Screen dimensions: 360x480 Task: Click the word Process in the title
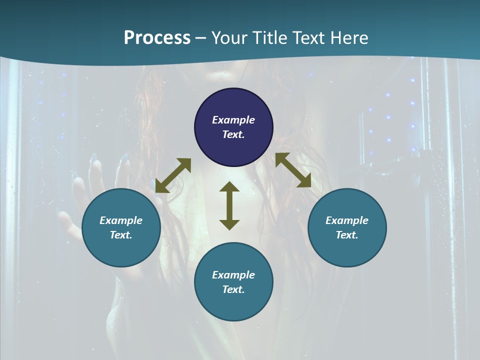(157, 38)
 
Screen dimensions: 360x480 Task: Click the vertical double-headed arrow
(229, 205)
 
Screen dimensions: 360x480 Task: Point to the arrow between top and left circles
(173, 175)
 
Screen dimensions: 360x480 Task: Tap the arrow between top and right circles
(293, 170)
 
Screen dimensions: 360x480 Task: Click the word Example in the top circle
(233, 120)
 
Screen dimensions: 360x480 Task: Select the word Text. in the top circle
(233, 134)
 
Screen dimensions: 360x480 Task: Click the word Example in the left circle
(121, 220)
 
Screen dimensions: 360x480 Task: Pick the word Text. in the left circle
(121, 235)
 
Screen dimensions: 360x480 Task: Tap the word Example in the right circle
(347, 220)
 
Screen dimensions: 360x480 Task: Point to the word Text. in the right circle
(347, 235)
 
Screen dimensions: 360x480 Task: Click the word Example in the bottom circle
(233, 275)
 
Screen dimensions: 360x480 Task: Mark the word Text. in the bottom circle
(233, 289)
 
